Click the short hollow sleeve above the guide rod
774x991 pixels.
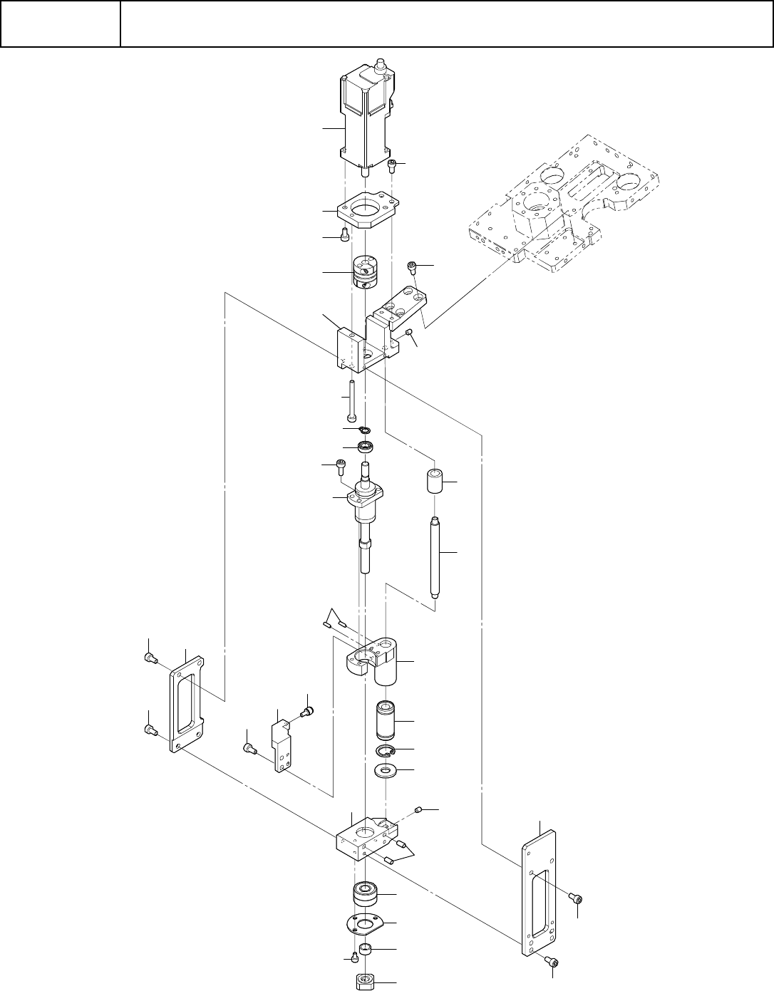435,482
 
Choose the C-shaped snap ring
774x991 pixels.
386,751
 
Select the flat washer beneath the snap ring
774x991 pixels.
386,771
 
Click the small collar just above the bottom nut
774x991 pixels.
366,949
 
